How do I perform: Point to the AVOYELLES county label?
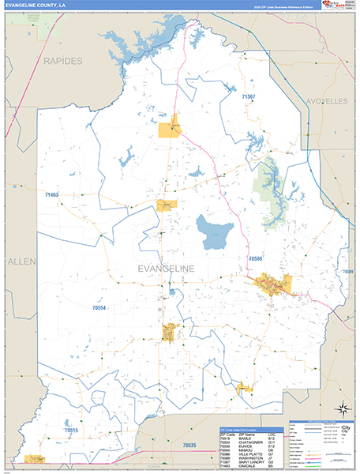[x=327, y=102]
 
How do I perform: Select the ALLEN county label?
[x=17, y=260]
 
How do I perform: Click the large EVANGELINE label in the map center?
[x=177, y=269]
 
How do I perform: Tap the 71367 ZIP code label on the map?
[x=249, y=96]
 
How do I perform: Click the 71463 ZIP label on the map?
[x=53, y=194]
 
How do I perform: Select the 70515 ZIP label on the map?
[x=72, y=431]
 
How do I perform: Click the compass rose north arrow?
[x=343, y=408]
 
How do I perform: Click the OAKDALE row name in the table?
[x=246, y=465]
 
